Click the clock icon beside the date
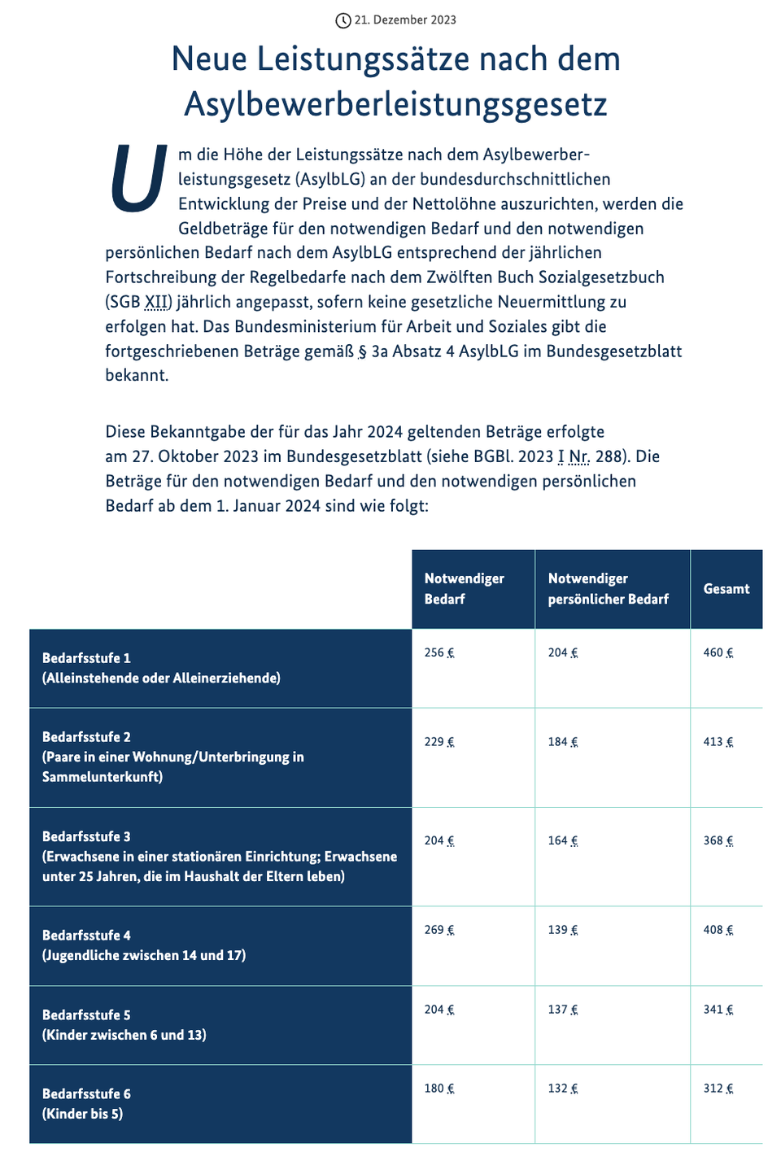point(343,20)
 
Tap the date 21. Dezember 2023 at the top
point(405,20)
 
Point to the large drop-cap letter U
point(138,179)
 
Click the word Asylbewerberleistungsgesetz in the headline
point(395,104)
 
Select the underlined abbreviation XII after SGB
point(158,303)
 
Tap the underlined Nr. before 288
point(579,456)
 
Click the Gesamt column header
point(726,589)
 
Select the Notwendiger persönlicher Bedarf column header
point(608,589)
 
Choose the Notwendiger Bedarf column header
point(464,589)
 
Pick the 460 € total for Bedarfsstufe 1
point(718,652)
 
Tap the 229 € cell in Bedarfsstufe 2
point(439,742)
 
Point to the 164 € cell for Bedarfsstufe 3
point(562,840)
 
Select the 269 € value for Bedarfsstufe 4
point(439,930)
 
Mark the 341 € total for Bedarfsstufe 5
point(718,1010)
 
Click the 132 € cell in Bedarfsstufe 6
point(562,1089)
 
